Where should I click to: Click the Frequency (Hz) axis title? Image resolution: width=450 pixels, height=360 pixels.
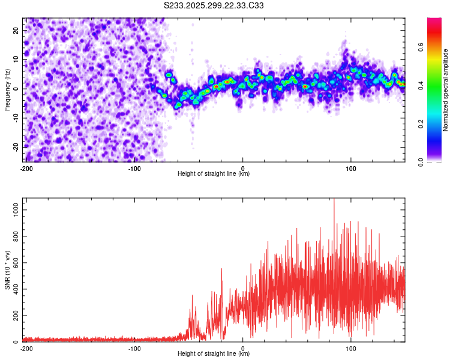7,89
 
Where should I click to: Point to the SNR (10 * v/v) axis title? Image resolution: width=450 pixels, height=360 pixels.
7,270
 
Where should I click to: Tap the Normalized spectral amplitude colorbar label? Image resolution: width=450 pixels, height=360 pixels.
445,89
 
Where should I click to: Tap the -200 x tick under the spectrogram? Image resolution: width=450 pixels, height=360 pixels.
26,168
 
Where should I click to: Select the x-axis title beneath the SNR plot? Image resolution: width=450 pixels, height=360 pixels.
214,354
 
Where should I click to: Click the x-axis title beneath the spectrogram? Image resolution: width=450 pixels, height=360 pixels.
214,174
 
